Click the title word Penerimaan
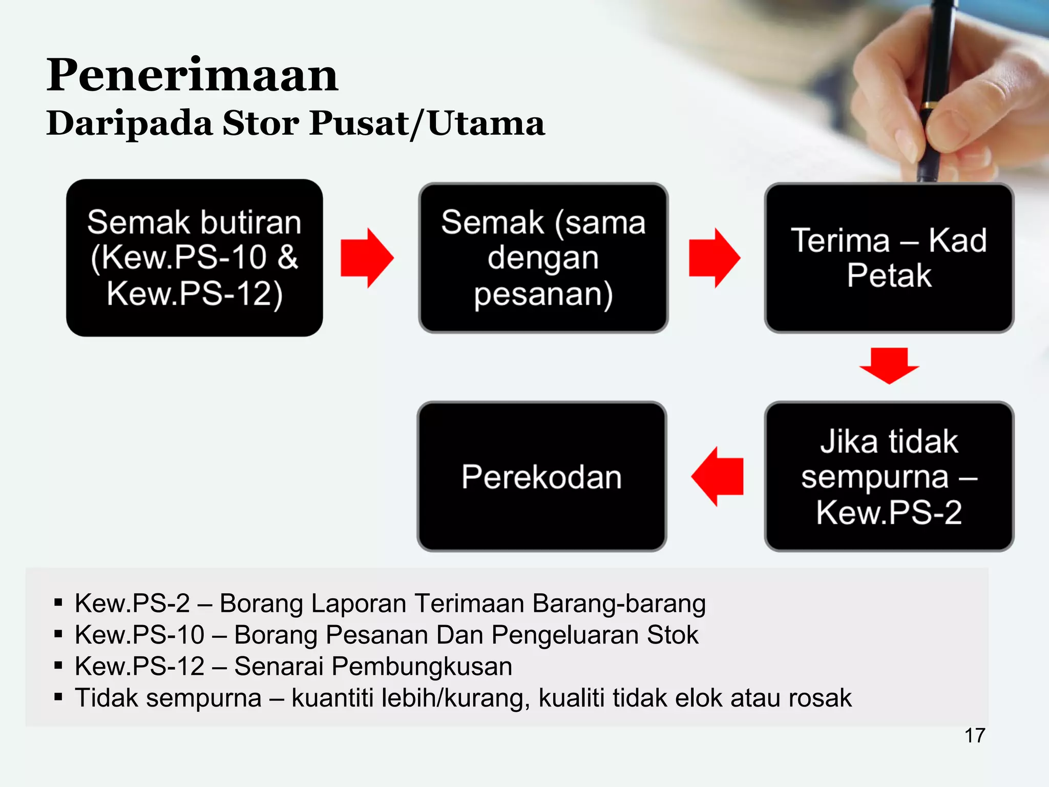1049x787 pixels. coord(192,75)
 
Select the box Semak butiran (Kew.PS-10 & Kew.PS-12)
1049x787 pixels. coord(195,258)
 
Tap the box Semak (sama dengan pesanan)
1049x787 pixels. coord(543,258)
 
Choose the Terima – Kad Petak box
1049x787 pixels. coord(889,258)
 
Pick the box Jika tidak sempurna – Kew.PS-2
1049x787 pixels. coord(889,477)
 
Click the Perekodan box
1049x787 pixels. coord(542,477)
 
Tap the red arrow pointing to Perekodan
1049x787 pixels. coord(717,477)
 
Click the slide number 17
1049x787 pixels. coord(975,736)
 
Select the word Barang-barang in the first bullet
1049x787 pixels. coord(619,604)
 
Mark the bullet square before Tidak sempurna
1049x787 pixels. coord(58,697)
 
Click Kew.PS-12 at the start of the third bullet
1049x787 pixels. coord(139,667)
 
